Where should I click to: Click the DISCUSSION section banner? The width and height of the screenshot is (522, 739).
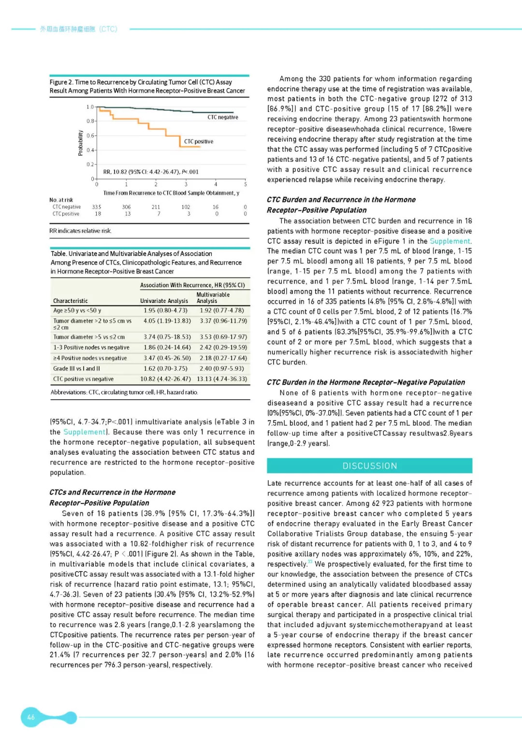click(x=369, y=466)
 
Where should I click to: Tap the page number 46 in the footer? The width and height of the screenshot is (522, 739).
click(x=31, y=717)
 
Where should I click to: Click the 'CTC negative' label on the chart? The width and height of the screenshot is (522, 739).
click(x=223, y=117)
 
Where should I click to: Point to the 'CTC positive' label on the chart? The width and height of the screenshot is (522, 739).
click(x=198, y=141)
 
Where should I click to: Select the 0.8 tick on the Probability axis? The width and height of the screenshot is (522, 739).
click(x=90, y=121)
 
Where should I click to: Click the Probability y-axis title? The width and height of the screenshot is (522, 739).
click(x=81, y=143)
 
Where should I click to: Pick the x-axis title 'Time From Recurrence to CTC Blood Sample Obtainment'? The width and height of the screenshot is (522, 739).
click(x=171, y=193)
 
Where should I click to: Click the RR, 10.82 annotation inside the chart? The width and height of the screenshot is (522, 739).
click(x=151, y=172)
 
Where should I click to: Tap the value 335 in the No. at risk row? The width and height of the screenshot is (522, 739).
click(x=97, y=207)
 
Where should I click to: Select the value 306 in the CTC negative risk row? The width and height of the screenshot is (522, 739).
click(x=127, y=207)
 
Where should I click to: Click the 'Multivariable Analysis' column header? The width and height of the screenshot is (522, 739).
click(x=213, y=298)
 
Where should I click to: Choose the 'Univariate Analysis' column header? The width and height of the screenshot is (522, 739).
click(x=164, y=301)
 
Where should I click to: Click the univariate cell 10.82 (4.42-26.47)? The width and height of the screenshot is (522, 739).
click(x=165, y=379)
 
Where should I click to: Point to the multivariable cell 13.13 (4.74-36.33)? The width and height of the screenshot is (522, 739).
click(x=222, y=379)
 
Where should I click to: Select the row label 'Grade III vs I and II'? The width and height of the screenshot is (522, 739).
click(x=76, y=368)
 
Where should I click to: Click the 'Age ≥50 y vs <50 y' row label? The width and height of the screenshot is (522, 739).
click(x=77, y=310)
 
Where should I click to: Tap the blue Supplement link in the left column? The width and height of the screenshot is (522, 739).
click(x=85, y=432)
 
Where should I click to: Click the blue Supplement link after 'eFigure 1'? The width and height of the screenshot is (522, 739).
click(x=449, y=241)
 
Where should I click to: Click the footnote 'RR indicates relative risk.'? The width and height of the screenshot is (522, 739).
click(x=80, y=231)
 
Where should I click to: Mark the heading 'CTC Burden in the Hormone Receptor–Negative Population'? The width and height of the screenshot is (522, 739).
click(x=366, y=382)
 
